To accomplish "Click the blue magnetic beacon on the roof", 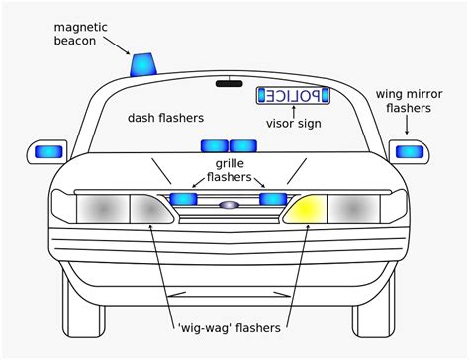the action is coord(143,64).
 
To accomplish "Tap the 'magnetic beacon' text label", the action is coord(80,34).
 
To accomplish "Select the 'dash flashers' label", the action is coord(165,118).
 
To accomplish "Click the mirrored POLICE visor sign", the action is coord(293,96).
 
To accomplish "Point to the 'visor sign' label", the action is coord(294,124).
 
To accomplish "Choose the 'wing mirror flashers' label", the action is coord(409,101).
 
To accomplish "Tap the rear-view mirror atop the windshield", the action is coord(230,83).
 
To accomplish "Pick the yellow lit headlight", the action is coord(306,209).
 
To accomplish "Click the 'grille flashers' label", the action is coord(229,170).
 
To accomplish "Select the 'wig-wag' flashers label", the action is coord(230,328).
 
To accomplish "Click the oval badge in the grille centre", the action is coord(229,205).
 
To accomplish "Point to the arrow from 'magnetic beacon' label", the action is coord(117,45).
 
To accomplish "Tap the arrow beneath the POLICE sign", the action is coord(293,112).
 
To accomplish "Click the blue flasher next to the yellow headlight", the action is coord(273,199).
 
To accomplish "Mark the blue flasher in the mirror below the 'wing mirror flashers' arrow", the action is coord(410,152).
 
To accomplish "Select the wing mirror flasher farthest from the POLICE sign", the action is coord(48,152).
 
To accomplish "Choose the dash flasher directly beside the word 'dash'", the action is coord(215,146).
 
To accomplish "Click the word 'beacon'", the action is coord(75,41).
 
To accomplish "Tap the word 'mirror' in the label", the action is coord(425,94).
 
